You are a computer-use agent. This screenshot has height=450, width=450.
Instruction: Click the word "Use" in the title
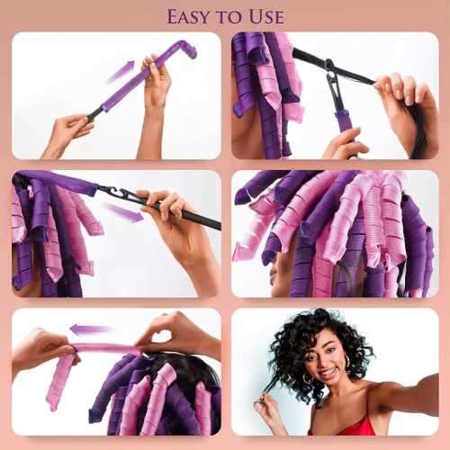click(265, 16)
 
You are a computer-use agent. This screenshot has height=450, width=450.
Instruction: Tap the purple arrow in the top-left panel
click(120, 71)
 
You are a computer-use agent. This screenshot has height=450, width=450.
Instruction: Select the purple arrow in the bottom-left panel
click(90, 329)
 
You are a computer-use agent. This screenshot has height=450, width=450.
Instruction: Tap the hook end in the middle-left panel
click(115, 192)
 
